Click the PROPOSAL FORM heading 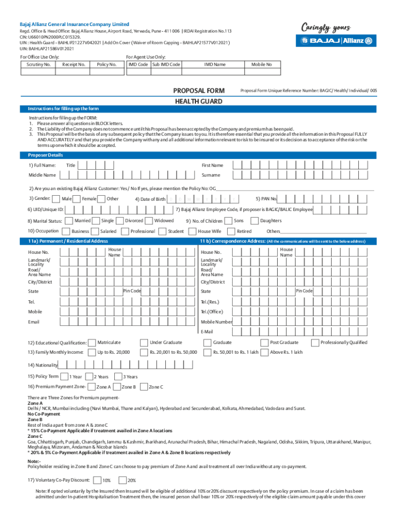(198, 90)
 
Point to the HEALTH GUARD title (198, 101)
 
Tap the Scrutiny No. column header (38, 65)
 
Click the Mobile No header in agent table (261, 65)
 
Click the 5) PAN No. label (266, 199)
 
